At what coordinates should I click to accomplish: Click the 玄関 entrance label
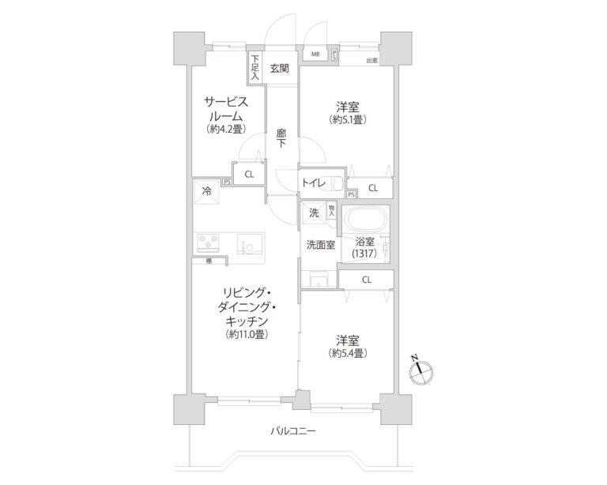tap(279, 68)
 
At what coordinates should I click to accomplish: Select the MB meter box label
tap(315, 55)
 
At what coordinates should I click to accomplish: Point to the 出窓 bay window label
tap(371, 60)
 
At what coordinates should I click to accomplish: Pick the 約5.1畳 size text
tap(349, 121)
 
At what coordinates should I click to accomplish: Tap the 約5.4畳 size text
tap(348, 353)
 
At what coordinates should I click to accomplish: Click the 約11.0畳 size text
tap(248, 335)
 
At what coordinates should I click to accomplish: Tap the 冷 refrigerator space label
tap(207, 191)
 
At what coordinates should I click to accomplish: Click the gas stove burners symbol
tap(210, 242)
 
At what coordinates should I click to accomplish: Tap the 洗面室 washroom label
tap(321, 245)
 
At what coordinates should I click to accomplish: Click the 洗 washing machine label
tap(314, 212)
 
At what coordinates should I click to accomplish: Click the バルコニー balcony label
tap(293, 431)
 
